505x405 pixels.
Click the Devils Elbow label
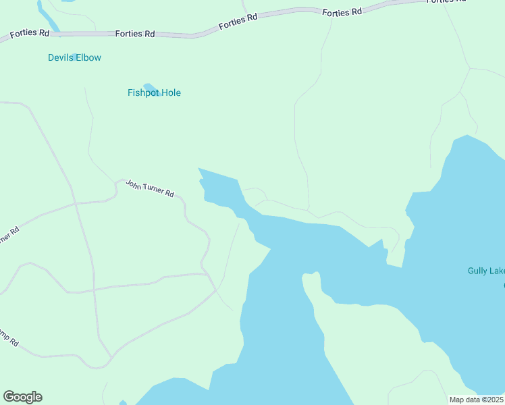(x=74, y=58)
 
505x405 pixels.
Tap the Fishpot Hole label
(x=154, y=93)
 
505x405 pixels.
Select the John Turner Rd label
(x=150, y=188)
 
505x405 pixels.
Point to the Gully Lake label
(x=485, y=271)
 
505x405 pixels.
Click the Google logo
(x=22, y=397)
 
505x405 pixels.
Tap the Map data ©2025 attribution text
(x=476, y=400)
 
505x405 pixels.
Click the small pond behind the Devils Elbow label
(x=76, y=56)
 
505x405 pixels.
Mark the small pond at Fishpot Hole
(x=151, y=88)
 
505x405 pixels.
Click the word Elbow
(x=88, y=58)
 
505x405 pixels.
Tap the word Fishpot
(x=142, y=93)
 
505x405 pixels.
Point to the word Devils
(x=60, y=58)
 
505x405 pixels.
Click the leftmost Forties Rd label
(x=30, y=34)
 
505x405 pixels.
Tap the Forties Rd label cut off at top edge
(x=447, y=1)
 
